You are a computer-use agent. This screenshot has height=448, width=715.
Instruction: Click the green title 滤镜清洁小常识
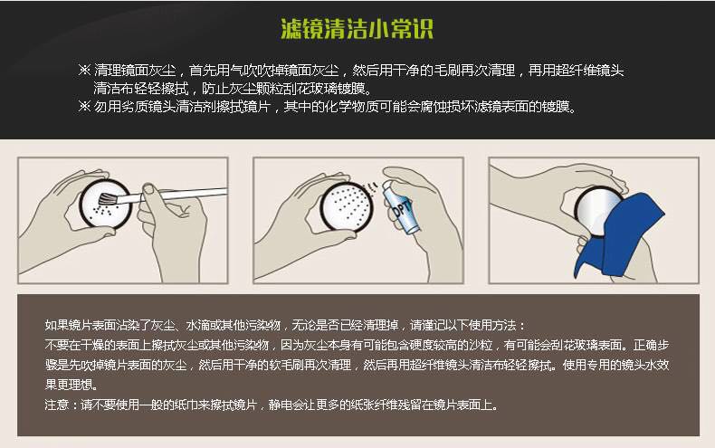(x=357, y=29)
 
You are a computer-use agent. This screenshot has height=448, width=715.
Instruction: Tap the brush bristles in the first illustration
(x=108, y=199)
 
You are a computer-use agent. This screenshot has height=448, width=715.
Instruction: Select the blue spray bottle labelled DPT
(x=398, y=206)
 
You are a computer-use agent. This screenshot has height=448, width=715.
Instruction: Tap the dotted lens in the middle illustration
(x=346, y=205)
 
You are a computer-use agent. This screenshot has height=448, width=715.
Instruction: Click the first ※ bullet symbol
(x=84, y=71)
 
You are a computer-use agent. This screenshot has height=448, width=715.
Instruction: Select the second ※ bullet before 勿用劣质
(x=84, y=107)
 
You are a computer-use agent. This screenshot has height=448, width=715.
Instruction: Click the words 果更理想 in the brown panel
(x=69, y=385)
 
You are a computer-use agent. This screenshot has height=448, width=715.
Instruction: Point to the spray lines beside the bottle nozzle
(x=373, y=187)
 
